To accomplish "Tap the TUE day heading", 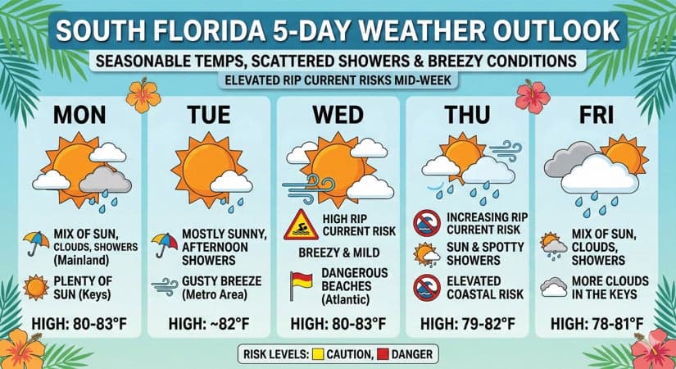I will [211, 116].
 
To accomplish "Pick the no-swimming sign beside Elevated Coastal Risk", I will [428, 286].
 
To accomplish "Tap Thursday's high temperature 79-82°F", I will [469, 323].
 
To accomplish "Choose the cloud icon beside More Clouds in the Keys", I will [555, 286].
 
